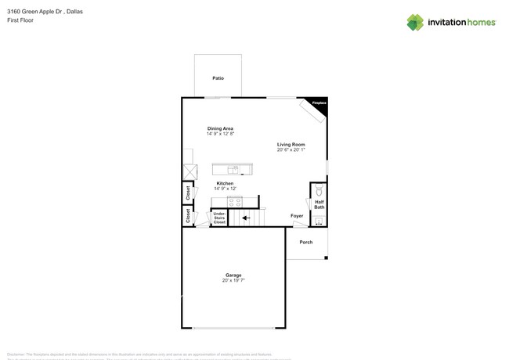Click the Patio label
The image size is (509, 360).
pos(218,78)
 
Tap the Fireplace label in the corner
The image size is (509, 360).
pos(319,103)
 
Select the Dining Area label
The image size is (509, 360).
pos(220,128)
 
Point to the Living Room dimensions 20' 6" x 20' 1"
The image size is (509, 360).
pos(291,149)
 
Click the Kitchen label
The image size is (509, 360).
pos(225,183)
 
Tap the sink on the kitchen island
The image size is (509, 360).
pos(232,169)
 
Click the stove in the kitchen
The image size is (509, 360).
pos(234,202)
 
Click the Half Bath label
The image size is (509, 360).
pos(319,204)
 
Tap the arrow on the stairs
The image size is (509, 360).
pos(245,218)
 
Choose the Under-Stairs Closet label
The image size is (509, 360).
pos(219,218)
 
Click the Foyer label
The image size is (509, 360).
pos(297,216)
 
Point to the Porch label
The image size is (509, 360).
pos(306,242)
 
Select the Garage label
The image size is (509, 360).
pos(233,275)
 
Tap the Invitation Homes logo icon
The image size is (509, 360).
pos(415,22)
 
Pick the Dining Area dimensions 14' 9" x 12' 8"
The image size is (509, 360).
pos(220,134)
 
